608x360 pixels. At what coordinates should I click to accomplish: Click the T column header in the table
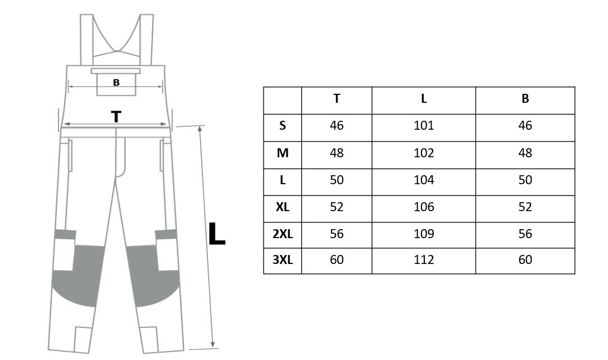pyautogui.click(x=337, y=99)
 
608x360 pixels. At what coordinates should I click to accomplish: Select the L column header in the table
pyautogui.click(x=424, y=99)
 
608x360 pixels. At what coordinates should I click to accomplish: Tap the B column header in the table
pyautogui.click(x=525, y=99)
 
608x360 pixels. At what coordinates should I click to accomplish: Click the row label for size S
pyautogui.click(x=283, y=126)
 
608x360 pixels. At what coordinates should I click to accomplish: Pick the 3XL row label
pyautogui.click(x=283, y=259)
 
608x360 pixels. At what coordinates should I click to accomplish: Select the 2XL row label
pyautogui.click(x=283, y=234)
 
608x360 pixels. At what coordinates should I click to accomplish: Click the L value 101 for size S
pyautogui.click(x=424, y=126)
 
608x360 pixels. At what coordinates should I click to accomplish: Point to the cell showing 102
pyautogui.click(x=424, y=153)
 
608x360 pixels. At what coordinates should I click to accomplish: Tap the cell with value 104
pyautogui.click(x=424, y=180)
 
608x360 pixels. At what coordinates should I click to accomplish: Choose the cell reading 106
pyautogui.click(x=424, y=207)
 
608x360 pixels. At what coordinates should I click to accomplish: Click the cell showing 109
pyautogui.click(x=424, y=234)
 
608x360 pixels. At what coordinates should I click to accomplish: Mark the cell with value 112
pyautogui.click(x=424, y=259)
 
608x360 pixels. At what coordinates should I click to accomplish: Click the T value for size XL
pyautogui.click(x=337, y=207)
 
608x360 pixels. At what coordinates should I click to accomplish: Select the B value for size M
pyautogui.click(x=525, y=153)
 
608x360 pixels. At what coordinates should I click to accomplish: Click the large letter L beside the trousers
pyautogui.click(x=216, y=234)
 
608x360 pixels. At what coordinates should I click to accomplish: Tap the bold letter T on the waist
pyautogui.click(x=116, y=116)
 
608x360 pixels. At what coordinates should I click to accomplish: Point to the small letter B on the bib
pyautogui.click(x=116, y=83)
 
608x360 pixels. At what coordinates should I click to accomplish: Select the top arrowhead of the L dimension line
pyautogui.click(x=200, y=129)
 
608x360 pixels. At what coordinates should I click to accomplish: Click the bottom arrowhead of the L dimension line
pyautogui.click(x=212, y=344)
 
